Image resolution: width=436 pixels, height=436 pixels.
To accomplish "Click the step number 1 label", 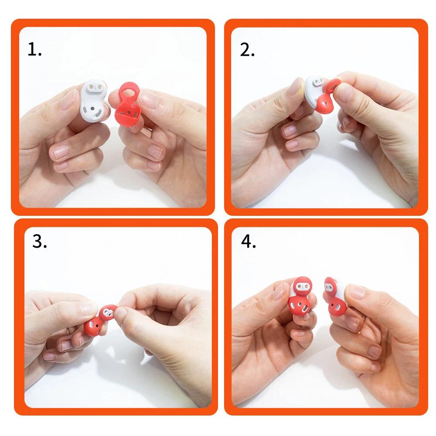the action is click(34, 49).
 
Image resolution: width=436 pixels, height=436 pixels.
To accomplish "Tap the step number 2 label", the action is click(247, 50).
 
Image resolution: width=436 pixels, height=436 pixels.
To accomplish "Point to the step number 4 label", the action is click(249, 241).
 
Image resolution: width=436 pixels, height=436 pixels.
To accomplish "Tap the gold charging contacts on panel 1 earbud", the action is click(95, 87).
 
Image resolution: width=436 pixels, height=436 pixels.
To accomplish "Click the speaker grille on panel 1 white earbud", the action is click(98, 113).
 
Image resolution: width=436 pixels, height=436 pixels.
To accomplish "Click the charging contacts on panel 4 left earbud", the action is click(300, 286).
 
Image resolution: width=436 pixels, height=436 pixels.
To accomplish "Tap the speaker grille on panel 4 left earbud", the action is click(304, 308).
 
